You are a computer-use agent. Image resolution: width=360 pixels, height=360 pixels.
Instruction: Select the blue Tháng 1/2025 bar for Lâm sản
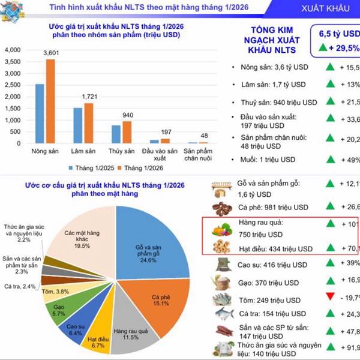tap(77, 126)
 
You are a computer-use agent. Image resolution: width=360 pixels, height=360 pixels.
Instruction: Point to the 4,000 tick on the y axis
tap(11, 50)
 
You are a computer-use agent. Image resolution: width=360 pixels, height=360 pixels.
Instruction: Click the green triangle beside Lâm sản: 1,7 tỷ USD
tap(329, 83)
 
